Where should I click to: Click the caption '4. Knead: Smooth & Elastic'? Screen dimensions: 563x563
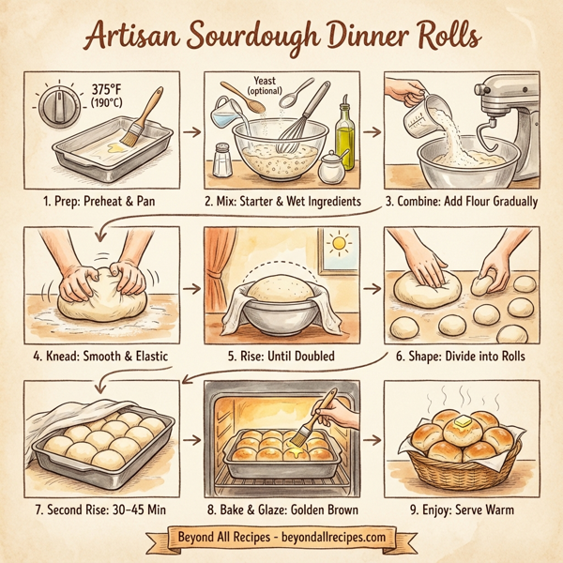103,355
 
